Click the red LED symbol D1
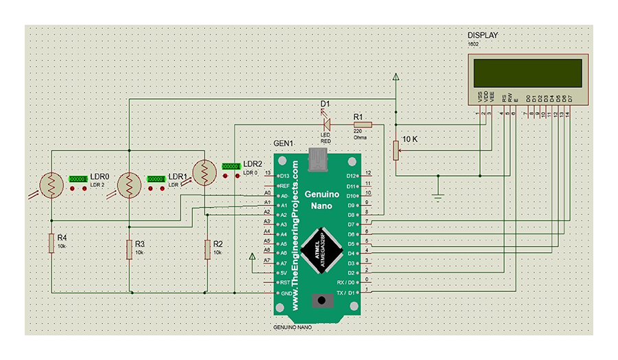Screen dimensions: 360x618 coord(328,124)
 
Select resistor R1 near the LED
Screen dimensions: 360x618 coord(362,124)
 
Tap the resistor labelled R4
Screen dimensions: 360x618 coord(51,243)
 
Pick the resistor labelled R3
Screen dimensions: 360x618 coord(129,249)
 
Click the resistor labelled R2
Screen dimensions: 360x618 coord(207,249)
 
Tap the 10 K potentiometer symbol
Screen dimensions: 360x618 coord(396,150)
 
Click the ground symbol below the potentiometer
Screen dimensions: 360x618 coord(438,197)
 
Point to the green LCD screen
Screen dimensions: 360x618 coord(528,71)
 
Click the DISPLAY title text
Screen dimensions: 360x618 coord(483,36)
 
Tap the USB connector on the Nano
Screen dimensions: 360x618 coord(317,160)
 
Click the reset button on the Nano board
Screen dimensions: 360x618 coord(320,300)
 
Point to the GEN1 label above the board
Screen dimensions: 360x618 coord(284,144)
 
